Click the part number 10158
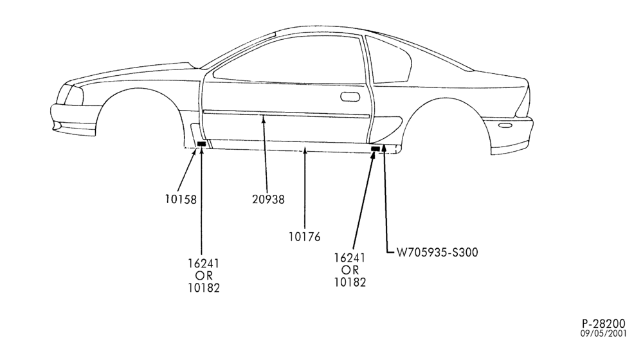pos(181,199)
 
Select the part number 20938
pos(268,199)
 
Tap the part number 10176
pos(304,237)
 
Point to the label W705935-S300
pos(437,252)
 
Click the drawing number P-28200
pos(604,323)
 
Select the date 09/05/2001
pos(603,334)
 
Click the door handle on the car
pos(350,97)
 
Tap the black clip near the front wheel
pos(201,143)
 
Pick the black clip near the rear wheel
pos(376,148)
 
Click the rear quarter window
pos(390,62)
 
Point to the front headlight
pos(72,95)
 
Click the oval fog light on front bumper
pos(57,127)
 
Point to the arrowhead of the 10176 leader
pos(305,152)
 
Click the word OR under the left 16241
pos(204,276)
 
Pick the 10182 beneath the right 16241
pos(350,282)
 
